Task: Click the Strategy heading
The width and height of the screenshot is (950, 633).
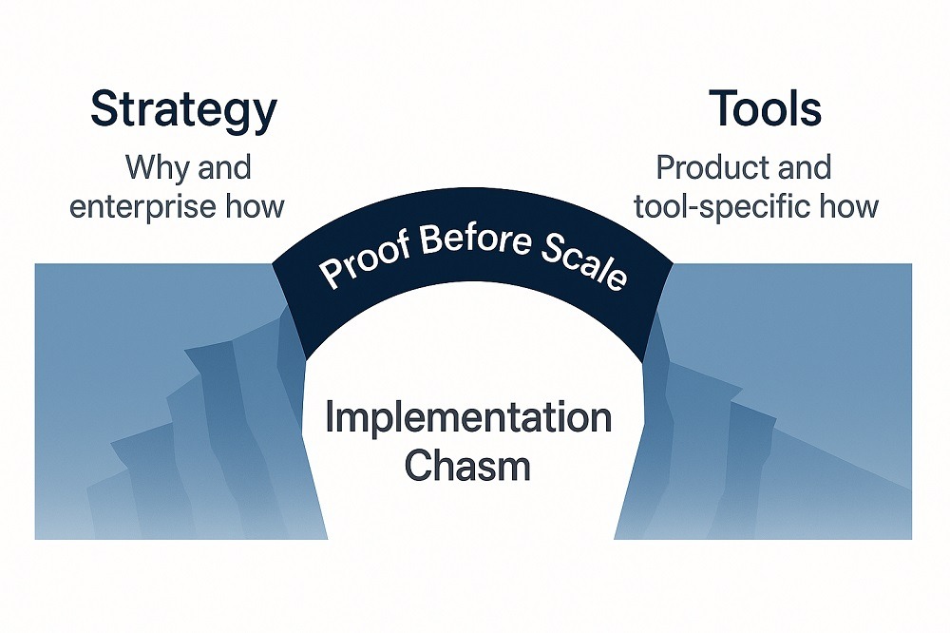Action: click(182, 111)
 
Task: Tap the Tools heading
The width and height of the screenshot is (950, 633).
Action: click(766, 110)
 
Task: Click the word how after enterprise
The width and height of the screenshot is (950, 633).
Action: click(256, 206)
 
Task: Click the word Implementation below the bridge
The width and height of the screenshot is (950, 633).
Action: click(468, 418)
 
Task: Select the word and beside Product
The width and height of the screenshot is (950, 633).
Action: click(802, 168)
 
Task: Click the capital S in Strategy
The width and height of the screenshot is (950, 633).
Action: click(103, 110)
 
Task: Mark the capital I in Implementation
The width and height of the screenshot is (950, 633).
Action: click(330, 417)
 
